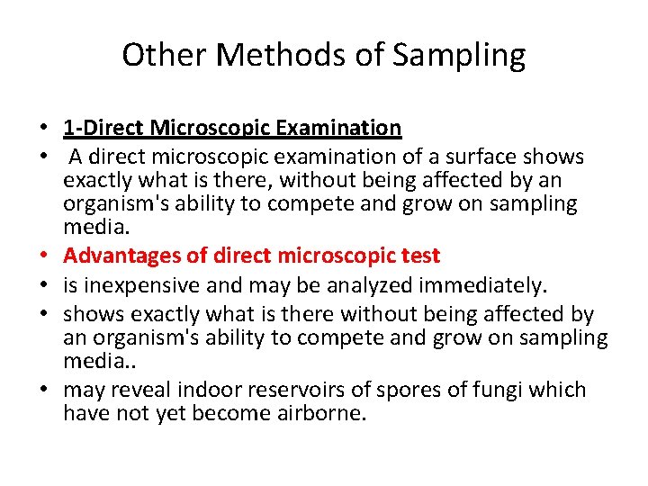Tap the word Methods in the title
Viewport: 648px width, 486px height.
(x=260, y=56)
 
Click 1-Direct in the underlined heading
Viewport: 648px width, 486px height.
(x=103, y=128)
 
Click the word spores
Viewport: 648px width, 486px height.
(x=418, y=390)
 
